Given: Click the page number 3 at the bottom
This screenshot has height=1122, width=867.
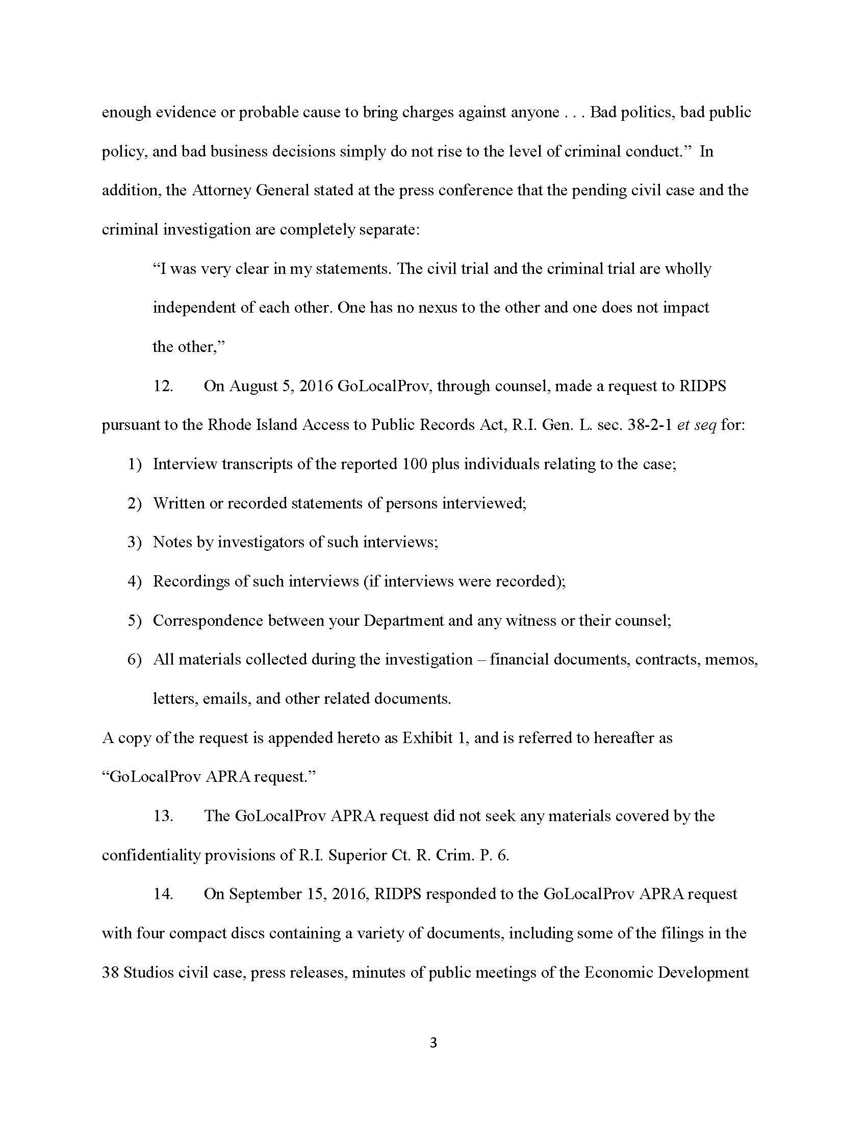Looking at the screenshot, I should pyautogui.click(x=433, y=1043).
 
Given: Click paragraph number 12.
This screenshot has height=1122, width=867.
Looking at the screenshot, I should pyautogui.click(x=163, y=386).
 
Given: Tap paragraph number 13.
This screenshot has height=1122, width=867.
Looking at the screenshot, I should pyautogui.click(x=163, y=816).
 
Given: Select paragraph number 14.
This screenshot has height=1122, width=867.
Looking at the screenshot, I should pyautogui.click(x=163, y=894).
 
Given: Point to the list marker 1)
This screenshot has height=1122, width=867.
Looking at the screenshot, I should pyautogui.click(x=134, y=465).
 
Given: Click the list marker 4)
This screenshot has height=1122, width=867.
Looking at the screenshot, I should pyautogui.click(x=134, y=581).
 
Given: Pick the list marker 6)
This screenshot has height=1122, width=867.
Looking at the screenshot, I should pyautogui.click(x=134, y=659).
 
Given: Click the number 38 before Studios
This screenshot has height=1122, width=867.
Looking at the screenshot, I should pyautogui.click(x=111, y=973).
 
